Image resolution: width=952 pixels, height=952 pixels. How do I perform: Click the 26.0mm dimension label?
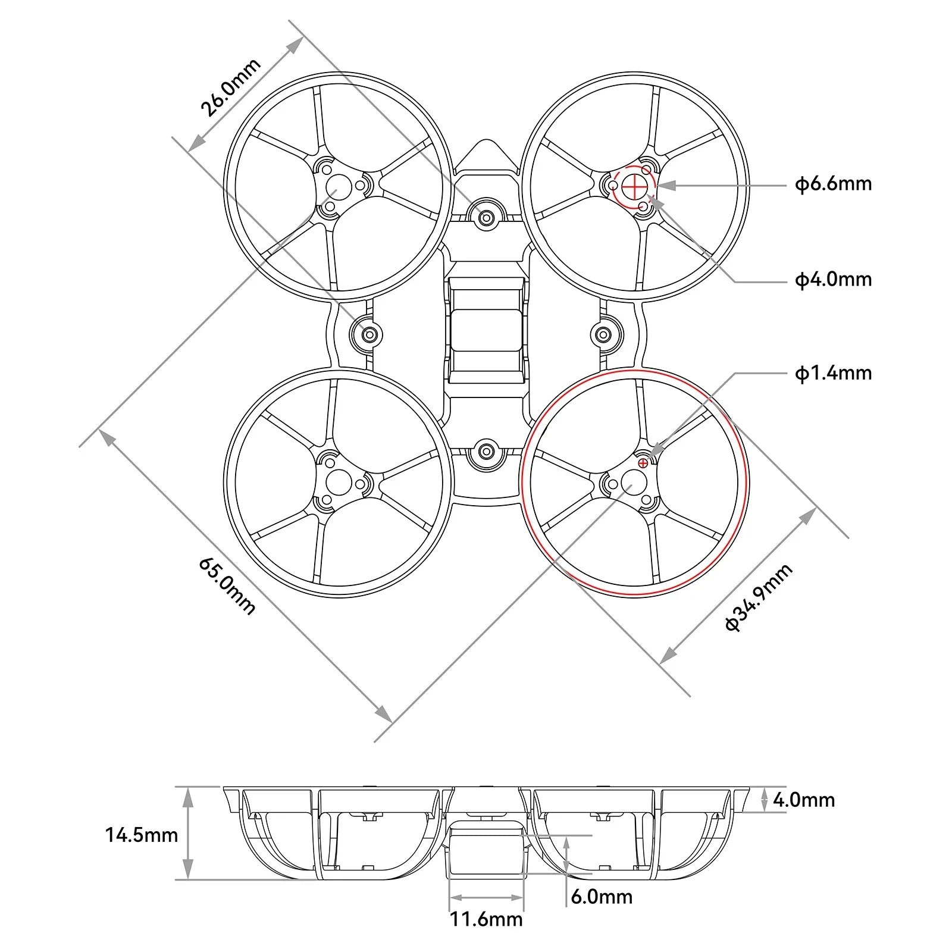231,87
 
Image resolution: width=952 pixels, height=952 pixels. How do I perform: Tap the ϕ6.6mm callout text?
833,184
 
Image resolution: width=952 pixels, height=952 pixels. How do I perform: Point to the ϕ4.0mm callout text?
833,279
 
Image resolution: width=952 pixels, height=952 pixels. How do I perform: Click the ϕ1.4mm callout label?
833,373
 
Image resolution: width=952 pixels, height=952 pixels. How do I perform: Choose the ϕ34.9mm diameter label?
759,597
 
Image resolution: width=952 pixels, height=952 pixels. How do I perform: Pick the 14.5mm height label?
142,835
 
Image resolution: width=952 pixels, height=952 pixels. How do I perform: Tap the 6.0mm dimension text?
601,897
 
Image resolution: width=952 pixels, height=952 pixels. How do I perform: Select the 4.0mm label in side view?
803,800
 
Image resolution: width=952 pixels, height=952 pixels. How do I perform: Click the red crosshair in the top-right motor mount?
634,187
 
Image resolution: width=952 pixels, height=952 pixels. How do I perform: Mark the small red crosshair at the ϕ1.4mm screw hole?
643,462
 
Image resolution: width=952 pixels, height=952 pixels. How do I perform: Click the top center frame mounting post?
486,218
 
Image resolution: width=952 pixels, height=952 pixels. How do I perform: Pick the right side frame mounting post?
606,334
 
